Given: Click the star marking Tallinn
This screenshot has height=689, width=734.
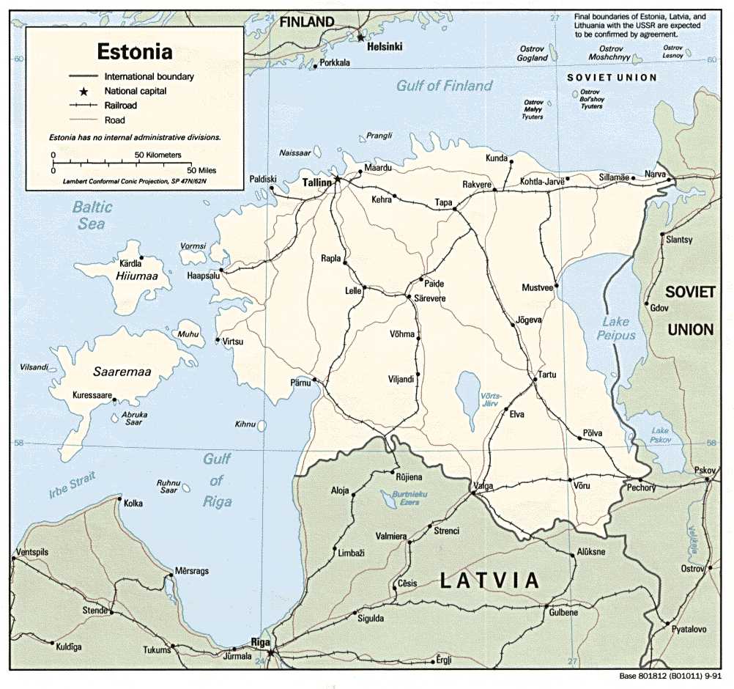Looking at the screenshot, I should (338, 178).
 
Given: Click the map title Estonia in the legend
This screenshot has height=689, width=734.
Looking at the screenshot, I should (136, 52).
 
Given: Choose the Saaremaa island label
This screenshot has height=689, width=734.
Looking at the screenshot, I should (122, 372).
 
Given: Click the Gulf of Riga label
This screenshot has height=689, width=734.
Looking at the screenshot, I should (217, 480).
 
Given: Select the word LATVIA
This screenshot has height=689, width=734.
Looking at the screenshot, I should (489, 580).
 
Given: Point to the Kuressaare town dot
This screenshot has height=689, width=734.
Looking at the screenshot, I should (116, 396).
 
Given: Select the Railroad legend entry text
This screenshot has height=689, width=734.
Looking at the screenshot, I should (122, 106).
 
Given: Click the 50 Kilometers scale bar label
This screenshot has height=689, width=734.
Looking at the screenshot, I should (162, 155).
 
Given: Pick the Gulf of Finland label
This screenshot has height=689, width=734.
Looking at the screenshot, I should (444, 86).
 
